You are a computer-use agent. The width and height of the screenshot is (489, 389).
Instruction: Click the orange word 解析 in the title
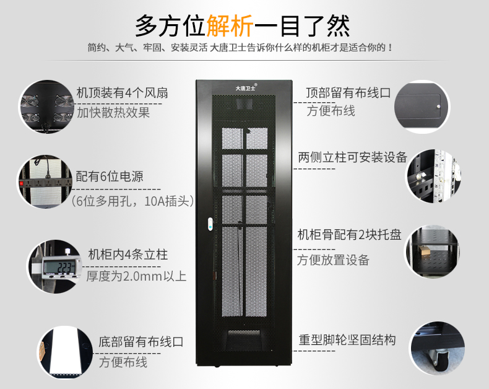point(230,26)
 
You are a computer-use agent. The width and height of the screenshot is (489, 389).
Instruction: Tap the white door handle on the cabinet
point(210,224)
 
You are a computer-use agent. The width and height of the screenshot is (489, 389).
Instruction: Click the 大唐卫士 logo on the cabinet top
point(246,88)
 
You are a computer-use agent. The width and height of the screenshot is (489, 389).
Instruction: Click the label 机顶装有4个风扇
point(123,93)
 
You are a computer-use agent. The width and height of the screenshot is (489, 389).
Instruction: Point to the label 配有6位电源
point(110,177)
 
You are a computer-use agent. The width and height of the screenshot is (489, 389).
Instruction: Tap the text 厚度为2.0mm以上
point(136,276)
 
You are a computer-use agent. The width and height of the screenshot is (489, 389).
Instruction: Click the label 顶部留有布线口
point(348,93)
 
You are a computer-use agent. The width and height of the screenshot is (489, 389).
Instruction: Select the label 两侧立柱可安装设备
point(353,157)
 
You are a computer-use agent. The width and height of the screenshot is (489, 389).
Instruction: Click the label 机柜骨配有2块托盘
point(350,235)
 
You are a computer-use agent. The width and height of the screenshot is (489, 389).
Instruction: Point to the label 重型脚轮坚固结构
point(347,340)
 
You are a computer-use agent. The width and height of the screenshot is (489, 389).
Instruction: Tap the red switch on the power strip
point(22,183)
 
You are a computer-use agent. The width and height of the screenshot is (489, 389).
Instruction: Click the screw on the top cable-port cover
point(438,107)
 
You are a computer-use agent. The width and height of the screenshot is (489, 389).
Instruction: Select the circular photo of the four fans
point(47,107)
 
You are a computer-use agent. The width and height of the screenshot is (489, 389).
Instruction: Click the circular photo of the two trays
point(432,251)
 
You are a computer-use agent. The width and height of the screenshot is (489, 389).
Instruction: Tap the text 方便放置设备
point(333,260)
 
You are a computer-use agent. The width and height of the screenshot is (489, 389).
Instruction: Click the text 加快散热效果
point(113,112)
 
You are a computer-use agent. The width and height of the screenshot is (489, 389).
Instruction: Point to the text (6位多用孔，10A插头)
point(132,201)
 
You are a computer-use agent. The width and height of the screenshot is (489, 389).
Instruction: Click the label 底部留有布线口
point(141,342)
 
